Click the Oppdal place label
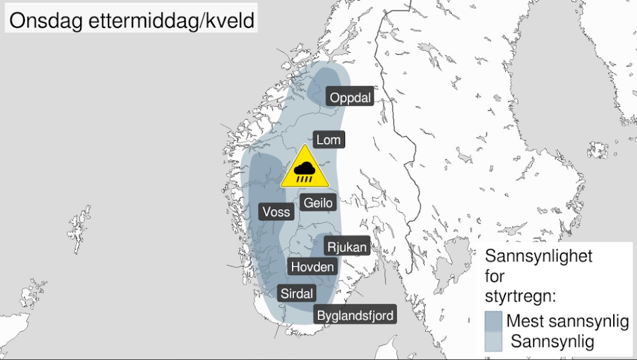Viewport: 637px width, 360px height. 350,98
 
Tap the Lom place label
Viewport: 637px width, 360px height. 328,140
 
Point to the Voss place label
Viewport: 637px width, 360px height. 276,212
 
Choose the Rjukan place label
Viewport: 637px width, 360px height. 347,247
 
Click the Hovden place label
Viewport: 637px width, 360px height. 313,266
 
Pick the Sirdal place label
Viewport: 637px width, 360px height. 297,294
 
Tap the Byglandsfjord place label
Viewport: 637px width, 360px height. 355,315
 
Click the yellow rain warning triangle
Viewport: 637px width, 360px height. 305,168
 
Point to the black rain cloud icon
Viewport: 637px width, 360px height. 305,170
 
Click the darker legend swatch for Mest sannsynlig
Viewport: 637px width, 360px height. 493,321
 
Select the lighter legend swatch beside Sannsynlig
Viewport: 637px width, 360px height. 493,341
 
